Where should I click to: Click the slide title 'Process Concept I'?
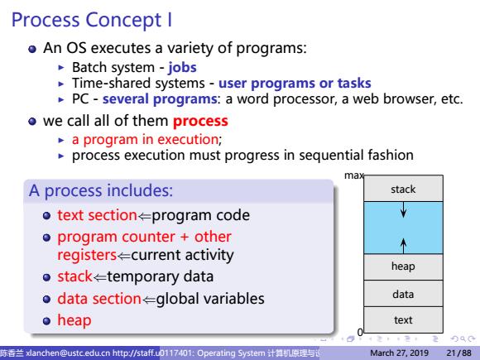pyautogui.click(x=92, y=21)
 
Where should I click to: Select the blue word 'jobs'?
pyautogui.click(x=182, y=68)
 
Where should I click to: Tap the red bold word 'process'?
pyautogui.click(x=200, y=122)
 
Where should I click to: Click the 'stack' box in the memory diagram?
pyautogui.click(x=403, y=188)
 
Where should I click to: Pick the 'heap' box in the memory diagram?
pyautogui.click(x=403, y=266)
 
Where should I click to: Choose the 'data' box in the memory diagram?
pyautogui.click(x=403, y=293)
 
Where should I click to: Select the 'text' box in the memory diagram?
pyautogui.click(x=403, y=319)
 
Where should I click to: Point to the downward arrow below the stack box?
pyautogui.click(x=404, y=209)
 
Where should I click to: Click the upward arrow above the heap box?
pyautogui.click(x=404, y=246)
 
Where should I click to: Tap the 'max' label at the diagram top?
pyautogui.click(x=354, y=175)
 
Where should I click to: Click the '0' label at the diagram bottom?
pyautogui.click(x=360, y=332)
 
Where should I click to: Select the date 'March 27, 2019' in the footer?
pyautogui.click(x=400, y=353)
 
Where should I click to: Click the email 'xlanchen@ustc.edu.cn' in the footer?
pyautogui.click(x=68, y=353)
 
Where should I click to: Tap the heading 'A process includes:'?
pyautogui.click(x=101, y=190)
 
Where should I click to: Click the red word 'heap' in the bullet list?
pyautogui.click(x=74, y=320)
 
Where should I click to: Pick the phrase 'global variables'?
pyautogui.click(x=210, y=299)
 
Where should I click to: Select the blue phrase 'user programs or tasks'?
pyautogui.click(x=295, y=84)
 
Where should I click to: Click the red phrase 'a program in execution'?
pyautogui.click(x=145, y=140)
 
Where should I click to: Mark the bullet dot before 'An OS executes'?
pyautogui.click(x=32, y=49)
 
